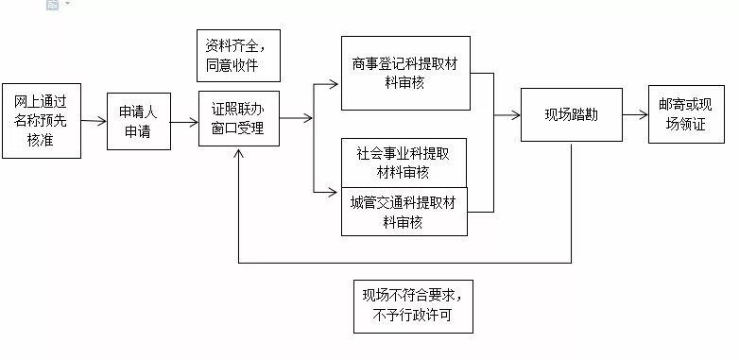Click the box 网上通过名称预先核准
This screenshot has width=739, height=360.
tap(42, 121)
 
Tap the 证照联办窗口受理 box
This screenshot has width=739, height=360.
tap(239, 120)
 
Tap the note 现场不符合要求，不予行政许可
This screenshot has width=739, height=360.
tap(411, 306)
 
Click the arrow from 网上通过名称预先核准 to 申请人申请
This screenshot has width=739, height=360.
tap(95, 121)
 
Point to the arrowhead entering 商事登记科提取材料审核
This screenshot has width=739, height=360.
tap(333, 84)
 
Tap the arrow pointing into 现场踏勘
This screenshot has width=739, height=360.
tap(510, 115)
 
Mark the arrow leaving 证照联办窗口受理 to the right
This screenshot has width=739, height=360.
tap(297, 119)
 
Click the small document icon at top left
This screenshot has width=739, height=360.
tap(52, 5)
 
